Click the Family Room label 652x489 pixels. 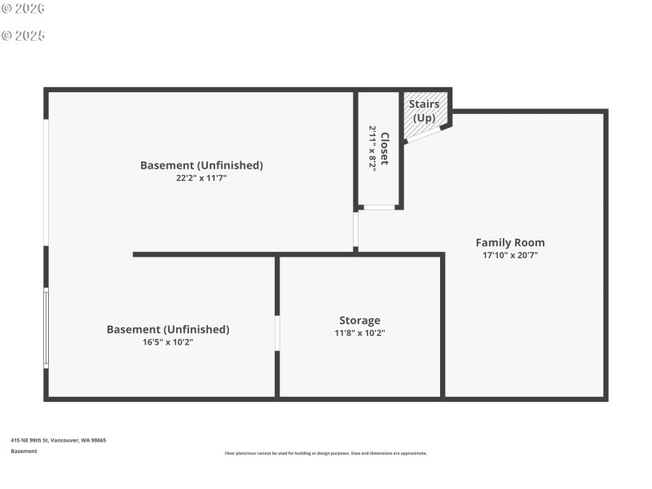click(x=510, y=242)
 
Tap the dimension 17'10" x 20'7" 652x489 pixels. click(x=510, y=255)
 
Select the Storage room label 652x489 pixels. click(x=359, y=320)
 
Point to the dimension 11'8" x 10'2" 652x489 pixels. click(x=359, y=333)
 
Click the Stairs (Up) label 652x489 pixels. click(x=424, y=111)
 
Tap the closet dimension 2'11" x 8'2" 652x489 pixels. click(x=372, y=148)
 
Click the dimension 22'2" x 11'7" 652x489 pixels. click(x=201, y=178)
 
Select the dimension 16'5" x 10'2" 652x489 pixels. click(x=168, y=342)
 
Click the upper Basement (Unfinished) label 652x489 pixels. click(x=201, y=165)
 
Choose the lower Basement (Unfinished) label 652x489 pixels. click(x=168, y=329)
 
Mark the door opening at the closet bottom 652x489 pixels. click(x=379, y=207)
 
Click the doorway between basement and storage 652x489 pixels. click(x=277, y=333)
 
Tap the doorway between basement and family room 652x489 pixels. click(x=355, y=231)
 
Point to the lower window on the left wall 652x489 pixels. click(x=46, y=328)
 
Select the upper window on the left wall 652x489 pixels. click(x=46, y=183)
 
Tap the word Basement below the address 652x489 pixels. click(x=24, y=451)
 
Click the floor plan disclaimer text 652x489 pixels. click(x=325, y=453)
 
